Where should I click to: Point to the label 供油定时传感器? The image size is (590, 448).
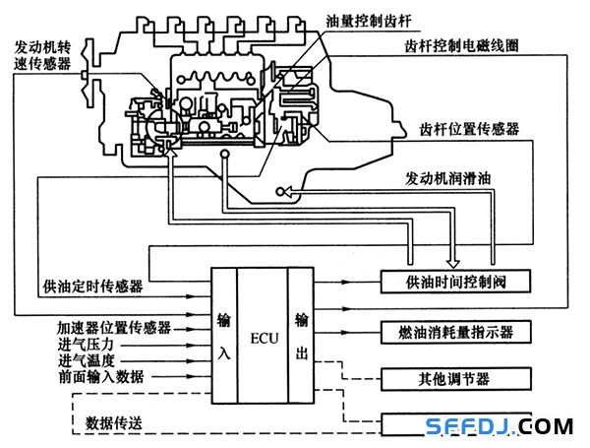click(x=92, y=287)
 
